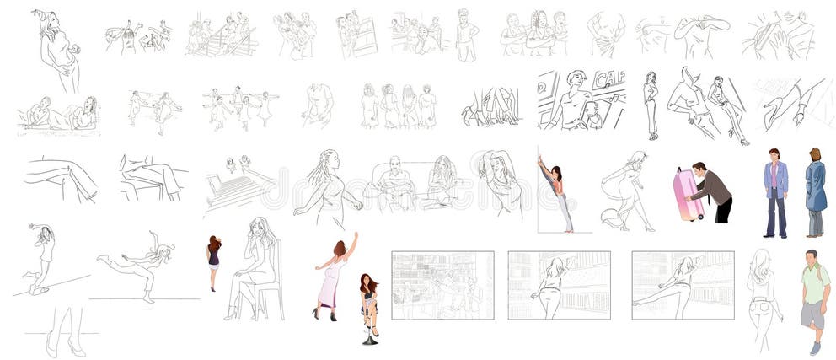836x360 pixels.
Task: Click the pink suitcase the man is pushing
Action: (689, 193)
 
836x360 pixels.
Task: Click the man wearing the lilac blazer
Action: (775, 191)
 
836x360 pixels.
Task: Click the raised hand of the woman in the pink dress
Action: (355, 235)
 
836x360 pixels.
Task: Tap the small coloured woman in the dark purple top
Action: (214, 257)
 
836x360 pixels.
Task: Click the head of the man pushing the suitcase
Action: (699, 169)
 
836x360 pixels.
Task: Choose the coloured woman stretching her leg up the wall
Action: (557, 194)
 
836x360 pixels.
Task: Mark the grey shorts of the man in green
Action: (813, 315)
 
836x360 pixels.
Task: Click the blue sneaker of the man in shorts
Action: (815, 347)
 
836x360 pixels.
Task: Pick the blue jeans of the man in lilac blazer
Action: (775, 217)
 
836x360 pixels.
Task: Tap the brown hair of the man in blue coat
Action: (815, 154)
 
